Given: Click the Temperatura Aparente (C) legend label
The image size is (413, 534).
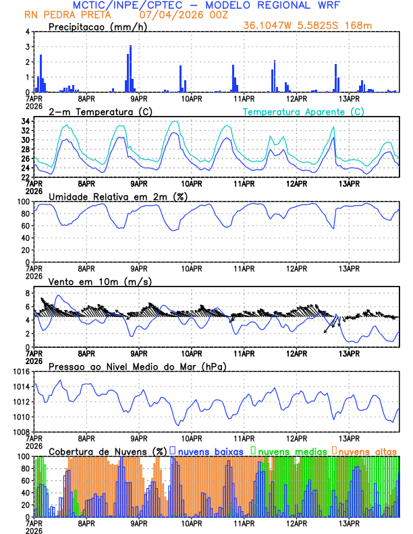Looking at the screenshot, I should [x=304, y=111].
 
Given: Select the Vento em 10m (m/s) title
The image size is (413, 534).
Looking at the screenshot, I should [x=100, y=281].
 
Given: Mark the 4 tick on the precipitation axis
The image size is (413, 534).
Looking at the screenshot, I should [x=28, y=32].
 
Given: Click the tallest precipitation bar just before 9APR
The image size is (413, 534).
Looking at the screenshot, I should [x=130, y=69].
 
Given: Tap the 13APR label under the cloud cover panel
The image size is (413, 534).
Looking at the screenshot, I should [x=349, y=523].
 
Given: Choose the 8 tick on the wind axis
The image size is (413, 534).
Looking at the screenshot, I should [x=28, y=293].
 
